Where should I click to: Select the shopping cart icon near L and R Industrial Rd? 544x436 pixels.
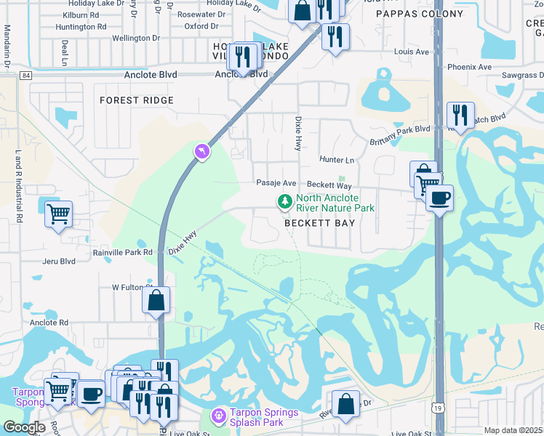click(58, 214)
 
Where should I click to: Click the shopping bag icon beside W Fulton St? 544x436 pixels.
click(156, 299)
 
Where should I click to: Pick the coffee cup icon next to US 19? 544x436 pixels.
click(439, 197)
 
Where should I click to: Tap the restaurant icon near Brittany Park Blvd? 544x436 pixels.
click(460, 114)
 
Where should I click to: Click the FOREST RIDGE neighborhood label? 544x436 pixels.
click(137, 100)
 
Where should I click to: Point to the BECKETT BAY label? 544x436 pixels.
click(319, 223)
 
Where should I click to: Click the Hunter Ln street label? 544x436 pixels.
click(337, 160)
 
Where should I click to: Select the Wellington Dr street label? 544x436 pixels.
click(136, 38)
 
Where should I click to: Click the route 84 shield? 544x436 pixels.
click(26, 75)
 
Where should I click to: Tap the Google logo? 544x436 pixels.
click(24, 427)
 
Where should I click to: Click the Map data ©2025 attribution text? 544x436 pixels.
click(513, 430)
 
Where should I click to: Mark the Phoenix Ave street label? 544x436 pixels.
click(469, 67)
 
